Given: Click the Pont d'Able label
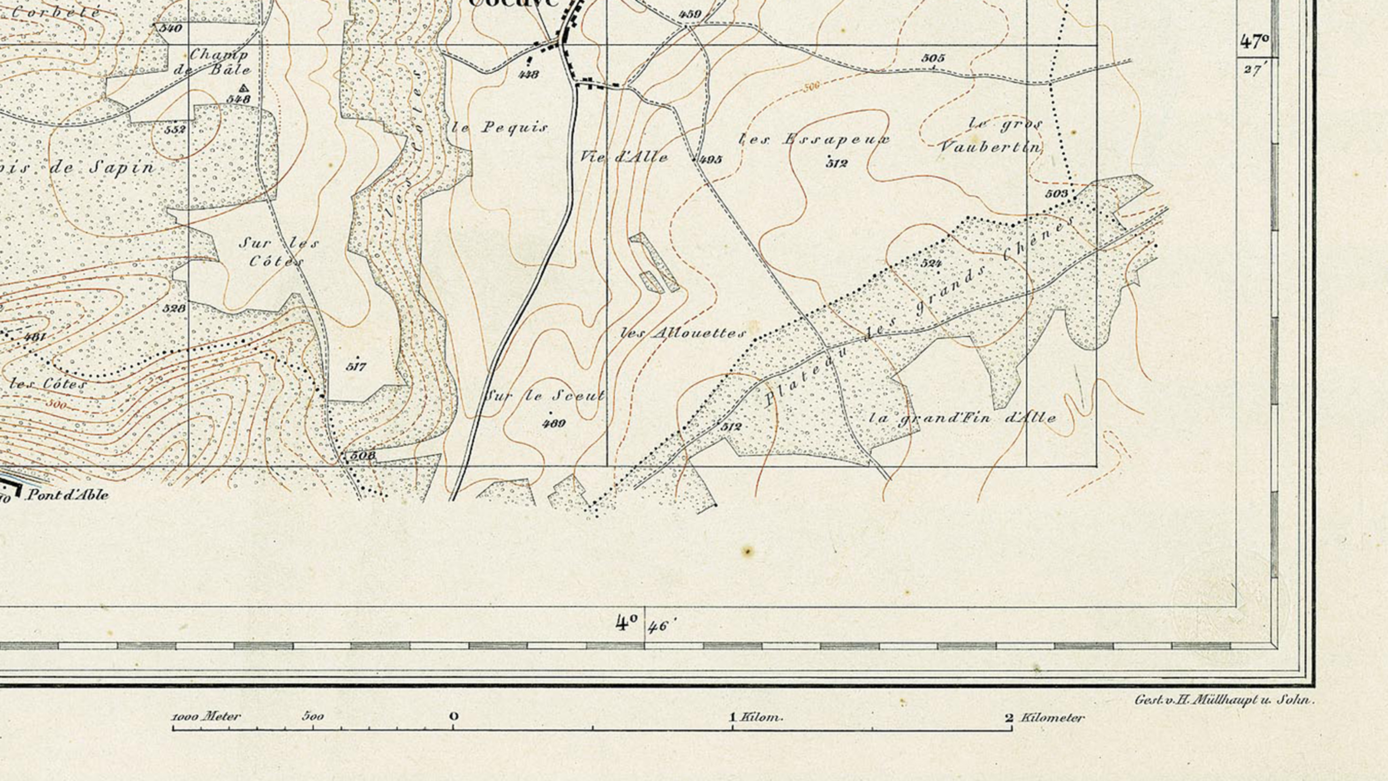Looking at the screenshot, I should [x=67, y=494].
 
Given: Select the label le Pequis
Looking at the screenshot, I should [x=500, y=128].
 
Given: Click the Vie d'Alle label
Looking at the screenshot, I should [x=624, y=157].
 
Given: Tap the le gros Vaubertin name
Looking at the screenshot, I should [x=990, y=135].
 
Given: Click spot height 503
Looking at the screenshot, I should [x=1056, y=194].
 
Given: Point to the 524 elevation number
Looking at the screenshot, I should [x=931, y=263].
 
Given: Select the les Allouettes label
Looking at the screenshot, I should [x=683, y=333].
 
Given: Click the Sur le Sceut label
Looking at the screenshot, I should [x=545, y=396].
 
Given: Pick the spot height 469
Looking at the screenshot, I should [x=554, y=423].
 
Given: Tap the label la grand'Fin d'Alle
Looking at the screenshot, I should [x=962, y=418].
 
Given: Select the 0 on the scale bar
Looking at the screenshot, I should [x=454, y=716].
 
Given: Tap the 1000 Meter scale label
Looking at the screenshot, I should [x=206, y=717].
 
